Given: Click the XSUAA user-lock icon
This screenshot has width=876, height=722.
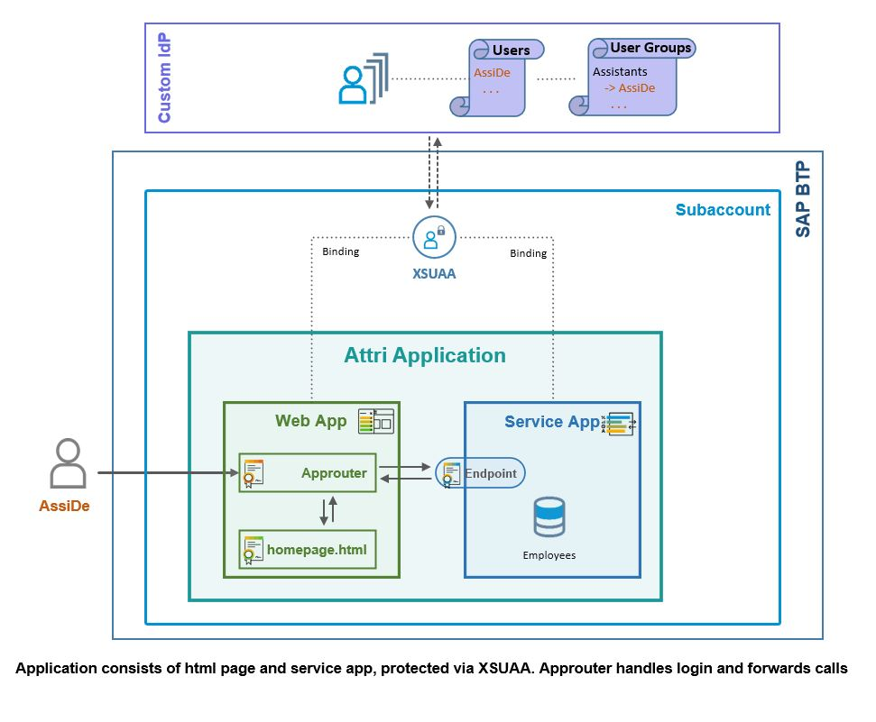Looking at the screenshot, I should point(435,238).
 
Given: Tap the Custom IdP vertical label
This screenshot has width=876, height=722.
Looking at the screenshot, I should point(164,78).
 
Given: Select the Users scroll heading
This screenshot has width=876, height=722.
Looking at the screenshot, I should point(511,50).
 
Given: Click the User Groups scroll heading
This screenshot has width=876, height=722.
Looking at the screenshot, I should point(650,48).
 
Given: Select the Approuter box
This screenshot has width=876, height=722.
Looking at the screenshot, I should point(308,473).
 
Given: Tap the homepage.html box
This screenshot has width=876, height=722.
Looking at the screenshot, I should point(308,549).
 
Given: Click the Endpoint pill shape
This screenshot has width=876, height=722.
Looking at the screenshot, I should point(480,473).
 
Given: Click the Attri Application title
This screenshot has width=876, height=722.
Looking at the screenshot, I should point(425,355).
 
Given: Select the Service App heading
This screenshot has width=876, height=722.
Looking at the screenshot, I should point(551,422).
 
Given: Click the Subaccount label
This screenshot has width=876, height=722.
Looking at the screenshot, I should point(723,210).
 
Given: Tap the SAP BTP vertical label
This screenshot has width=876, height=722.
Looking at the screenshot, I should point(803,200).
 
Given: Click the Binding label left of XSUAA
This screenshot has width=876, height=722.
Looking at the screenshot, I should point(340,251).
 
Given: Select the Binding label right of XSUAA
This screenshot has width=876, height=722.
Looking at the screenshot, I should point(528,253).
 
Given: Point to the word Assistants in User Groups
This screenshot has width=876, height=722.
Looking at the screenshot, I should point(620,72).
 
